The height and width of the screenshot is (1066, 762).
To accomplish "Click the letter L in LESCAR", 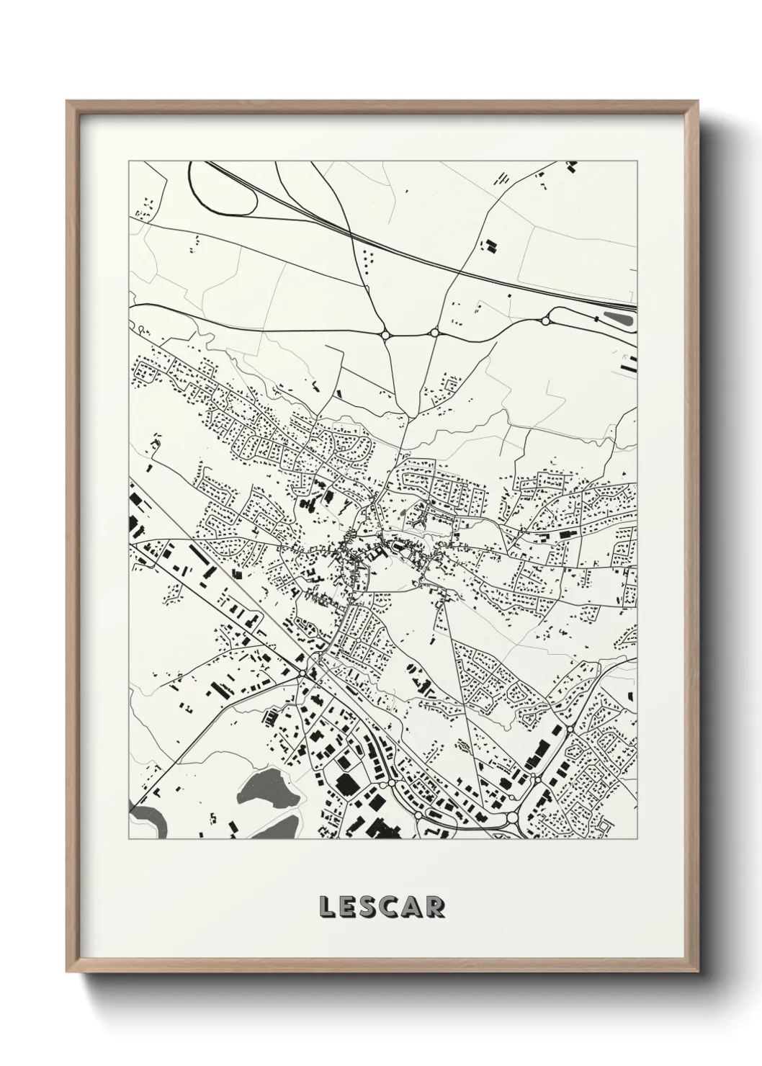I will [326, 907].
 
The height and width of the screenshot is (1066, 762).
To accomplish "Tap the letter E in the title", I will [349, 907].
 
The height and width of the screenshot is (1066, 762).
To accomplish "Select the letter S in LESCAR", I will [371, 907].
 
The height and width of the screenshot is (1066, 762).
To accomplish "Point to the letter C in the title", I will [394, 907].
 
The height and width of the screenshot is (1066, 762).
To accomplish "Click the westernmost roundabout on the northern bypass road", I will [385, 334].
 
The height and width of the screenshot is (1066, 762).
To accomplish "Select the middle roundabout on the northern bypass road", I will [434, 332].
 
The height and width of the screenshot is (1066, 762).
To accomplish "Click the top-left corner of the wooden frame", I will [67, 102].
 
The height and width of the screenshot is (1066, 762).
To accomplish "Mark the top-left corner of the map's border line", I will [129, 161].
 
